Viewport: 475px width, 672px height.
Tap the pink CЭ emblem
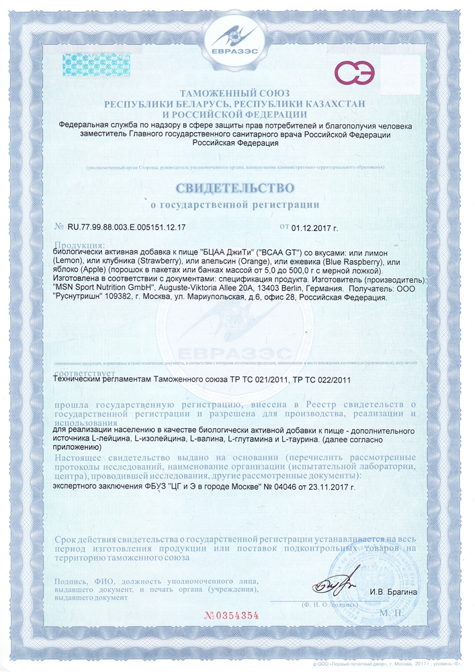coord(353,72)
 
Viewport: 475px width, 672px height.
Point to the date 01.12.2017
coord(317,228)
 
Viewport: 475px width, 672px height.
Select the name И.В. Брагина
coord(393,591)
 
